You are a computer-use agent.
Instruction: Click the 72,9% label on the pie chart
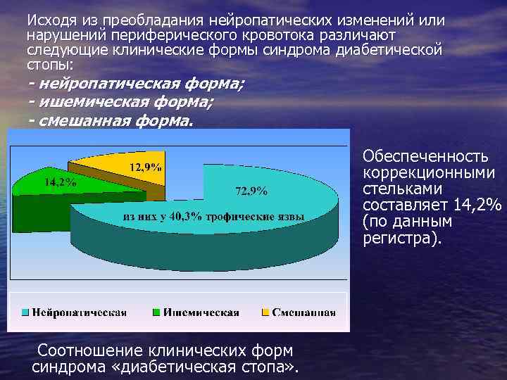tap(251, 190)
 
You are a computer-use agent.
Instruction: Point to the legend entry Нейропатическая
tap(78, 312)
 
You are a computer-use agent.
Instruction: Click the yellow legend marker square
tap(265, 312)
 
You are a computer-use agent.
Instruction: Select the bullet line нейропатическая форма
tap(137, 85)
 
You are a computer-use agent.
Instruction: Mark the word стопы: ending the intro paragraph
tap(46, 63)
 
